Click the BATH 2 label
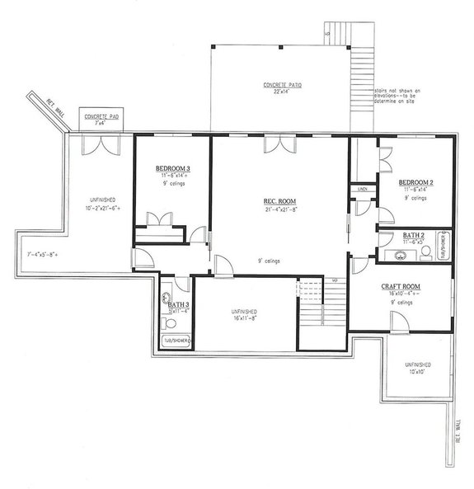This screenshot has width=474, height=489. click(415, 236)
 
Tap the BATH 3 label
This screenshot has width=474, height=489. click(178, 304)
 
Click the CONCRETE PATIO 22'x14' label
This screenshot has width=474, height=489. click(280, 86)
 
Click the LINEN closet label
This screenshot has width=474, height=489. click(363, 190)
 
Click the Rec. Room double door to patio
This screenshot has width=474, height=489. click(276, 143)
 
